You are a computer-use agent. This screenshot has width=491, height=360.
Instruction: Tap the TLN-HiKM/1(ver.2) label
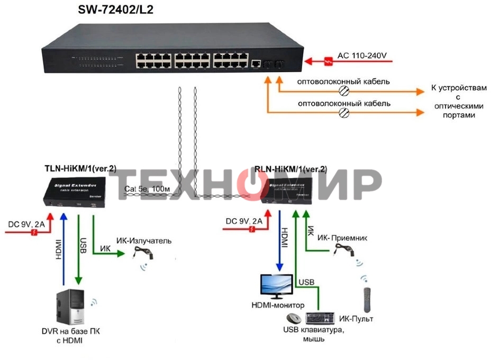click(80, 169)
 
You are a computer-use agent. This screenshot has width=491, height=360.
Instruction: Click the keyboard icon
click(320, 318)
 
